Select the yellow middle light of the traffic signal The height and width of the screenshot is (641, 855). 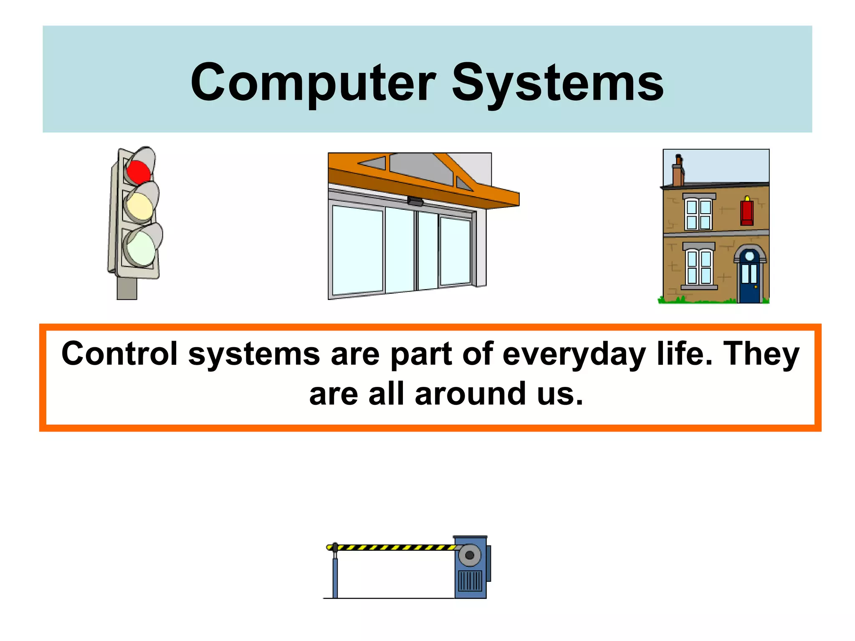(139, 206)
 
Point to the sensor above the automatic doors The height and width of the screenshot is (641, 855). (416, 202)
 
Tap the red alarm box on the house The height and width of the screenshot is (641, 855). (747, 212)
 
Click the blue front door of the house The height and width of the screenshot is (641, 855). (749, 280)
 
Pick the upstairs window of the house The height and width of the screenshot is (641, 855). (699, 214)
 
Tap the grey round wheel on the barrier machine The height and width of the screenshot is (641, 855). (470, 555)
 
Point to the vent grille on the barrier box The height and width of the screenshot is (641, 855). (470, 580)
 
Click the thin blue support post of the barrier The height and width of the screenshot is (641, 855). (335, 578)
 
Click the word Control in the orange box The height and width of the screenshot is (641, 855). (119, 354)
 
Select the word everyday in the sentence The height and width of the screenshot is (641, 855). (574, 354)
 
